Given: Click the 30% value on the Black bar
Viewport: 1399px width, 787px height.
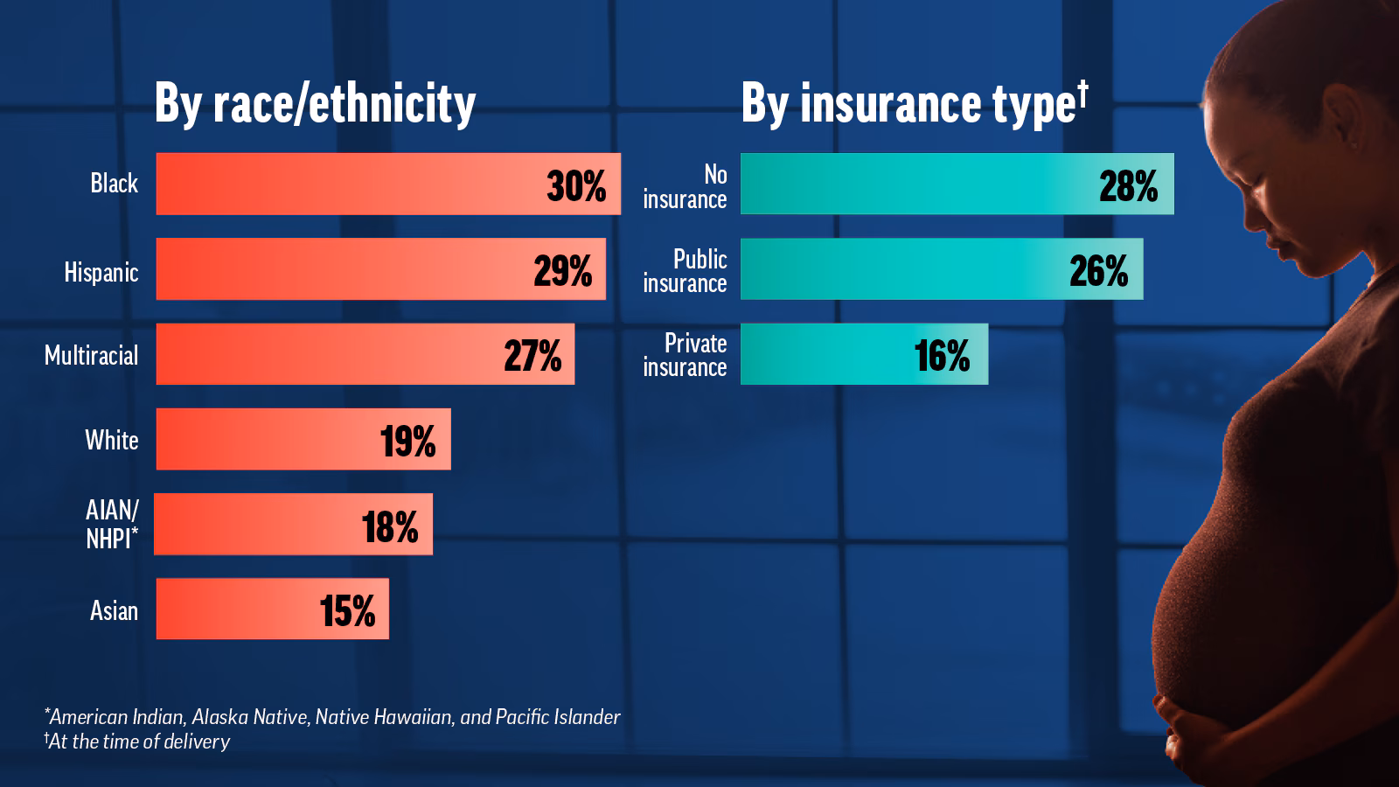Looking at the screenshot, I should (x=576, y=186).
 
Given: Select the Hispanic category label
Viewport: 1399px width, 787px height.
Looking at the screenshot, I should (x=101, y=272).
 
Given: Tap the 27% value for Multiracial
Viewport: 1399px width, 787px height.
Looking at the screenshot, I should (x=532, y=356).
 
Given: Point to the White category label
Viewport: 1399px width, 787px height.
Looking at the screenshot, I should (x=112, y=439).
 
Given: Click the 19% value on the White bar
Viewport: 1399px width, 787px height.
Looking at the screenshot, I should (x=407, y=441).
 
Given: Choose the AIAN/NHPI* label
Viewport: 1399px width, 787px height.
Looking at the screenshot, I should (x=112, y=524).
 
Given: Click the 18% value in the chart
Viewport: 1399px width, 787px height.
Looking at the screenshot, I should (x=390, y=526).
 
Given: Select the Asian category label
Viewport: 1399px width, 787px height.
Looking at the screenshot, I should (x=115, y=609).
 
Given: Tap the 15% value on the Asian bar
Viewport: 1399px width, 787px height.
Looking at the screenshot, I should (x=347, y=610).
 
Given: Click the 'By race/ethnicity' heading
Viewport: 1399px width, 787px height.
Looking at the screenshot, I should (x=315, y=104).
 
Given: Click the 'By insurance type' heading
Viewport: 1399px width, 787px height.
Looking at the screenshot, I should (x=908, y=104).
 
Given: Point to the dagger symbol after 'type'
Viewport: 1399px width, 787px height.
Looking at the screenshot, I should (x=1082, y=90).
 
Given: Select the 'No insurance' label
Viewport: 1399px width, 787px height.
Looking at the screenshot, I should (x=686, y=186).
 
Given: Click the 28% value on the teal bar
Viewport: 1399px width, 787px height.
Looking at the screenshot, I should (x=1128, y=186).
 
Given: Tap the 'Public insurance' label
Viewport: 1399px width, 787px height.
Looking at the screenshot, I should (x=686, y=271).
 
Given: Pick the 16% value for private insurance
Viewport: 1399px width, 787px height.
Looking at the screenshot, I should (x=942, y=356).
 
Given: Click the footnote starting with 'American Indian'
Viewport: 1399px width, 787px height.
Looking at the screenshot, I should (x=332, y=717).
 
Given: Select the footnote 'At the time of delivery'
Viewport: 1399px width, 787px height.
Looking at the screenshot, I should (x=137, y=742).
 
